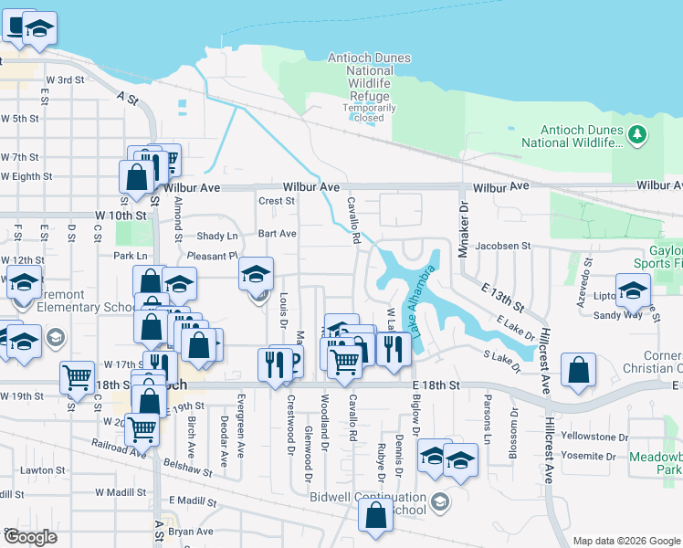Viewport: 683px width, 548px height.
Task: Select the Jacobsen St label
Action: (503, 246)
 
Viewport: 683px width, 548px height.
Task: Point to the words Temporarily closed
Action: (370, 112)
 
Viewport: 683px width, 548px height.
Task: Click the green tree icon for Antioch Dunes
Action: (637, 136)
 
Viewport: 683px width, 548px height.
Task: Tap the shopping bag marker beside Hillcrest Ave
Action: (578, 371)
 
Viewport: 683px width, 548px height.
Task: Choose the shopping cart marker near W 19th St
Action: (78, 375)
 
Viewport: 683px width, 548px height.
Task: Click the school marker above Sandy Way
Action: (633, 290)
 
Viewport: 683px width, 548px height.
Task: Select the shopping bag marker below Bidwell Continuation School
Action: (375, 515)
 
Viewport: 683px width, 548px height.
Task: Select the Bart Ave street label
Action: (277, 234)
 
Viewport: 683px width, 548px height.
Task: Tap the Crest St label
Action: (277, 201)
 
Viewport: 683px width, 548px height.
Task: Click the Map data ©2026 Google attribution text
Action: (626, 541)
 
